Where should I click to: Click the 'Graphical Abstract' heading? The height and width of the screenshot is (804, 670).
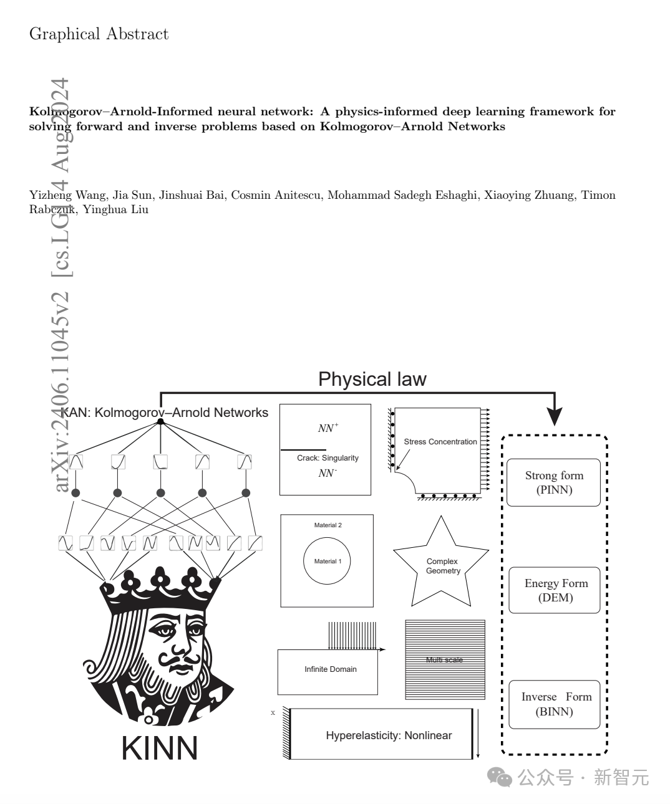pyautogui.click(x=99, y=34)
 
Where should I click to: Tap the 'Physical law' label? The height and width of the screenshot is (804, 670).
pyautogui.click(x=372, y=379)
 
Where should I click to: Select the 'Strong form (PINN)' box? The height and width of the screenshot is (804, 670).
pyautogui.click(x=553, y=482)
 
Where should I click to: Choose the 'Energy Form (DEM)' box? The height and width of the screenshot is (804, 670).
pyautogui.click(x=554, y=590)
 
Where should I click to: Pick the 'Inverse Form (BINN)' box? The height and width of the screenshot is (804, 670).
pyautogui.click(x=554, y=704)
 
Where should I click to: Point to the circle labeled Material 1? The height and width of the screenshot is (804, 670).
pyautogui.click(x=327, y=561)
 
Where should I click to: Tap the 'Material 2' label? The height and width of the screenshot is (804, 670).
pyautogui.click(x=328, y=525)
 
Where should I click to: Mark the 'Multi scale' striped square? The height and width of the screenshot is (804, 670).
pyautogui.click(x=445, y=659)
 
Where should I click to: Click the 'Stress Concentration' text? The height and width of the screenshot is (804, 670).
pyautogui.click(x=440, y=442)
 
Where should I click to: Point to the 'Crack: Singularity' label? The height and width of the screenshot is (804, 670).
pyautogui.click(x=328, y=458)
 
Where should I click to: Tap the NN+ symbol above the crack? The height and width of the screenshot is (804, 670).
pyautogui.click(x=328, y=428)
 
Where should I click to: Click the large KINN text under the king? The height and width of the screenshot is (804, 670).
pyautogui.click(x=160, y=748)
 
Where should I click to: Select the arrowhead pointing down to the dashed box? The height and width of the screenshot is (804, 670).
pyautogui.click(x=554, y=417)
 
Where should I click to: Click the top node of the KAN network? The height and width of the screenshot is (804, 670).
pyautogui.click(x=160, y=422)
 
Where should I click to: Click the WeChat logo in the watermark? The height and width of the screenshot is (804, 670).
pyautogui.click(x=500, y=777)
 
